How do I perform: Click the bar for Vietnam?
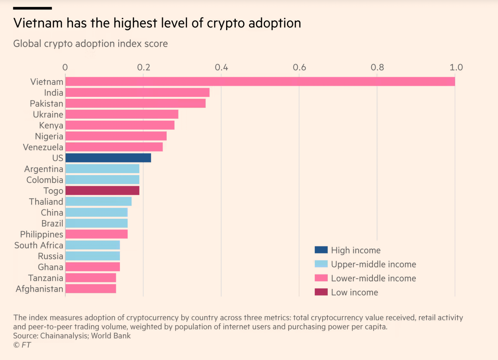pos(260,81)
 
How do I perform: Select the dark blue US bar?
pos(108,158)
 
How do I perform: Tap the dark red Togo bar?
pos(102,190)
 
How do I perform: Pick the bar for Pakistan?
pos(135,103)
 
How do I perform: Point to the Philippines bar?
pos(97,234)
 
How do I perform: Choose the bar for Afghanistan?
pos(91,289)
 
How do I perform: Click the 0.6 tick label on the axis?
pos(299,67)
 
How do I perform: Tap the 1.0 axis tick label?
pos(456,67)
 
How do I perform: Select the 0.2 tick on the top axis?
pos(143,67)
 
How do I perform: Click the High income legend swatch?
pos(321,250)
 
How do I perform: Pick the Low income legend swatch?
pos(321,292)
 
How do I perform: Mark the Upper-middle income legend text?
pos(373,264)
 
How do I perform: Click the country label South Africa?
pos(39,245)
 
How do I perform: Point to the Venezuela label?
pos(43,147)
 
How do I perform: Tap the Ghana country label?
pos(50,267)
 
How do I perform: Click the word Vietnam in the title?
pos(38,23)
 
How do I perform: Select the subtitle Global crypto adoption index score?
pos(90,44)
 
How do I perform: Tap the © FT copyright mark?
pos(22,345)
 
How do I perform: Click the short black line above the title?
pos(32,8)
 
